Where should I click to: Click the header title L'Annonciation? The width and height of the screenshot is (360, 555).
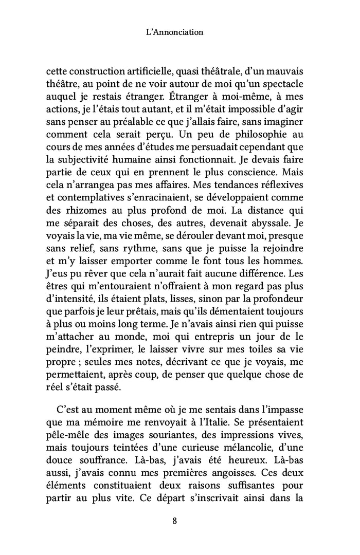175,32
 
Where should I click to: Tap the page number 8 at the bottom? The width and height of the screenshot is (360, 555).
175,521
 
